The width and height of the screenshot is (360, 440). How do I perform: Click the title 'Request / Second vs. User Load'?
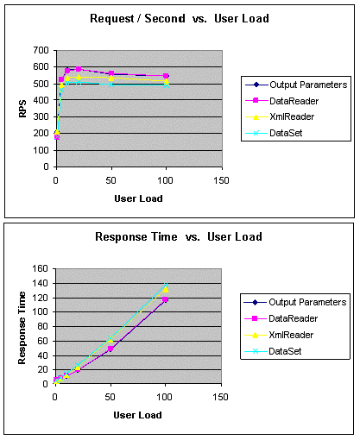180,19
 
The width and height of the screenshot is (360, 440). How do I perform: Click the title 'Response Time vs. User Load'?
179,237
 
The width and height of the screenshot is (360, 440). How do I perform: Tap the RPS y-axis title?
22,109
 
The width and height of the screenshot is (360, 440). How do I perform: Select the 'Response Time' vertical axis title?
22,328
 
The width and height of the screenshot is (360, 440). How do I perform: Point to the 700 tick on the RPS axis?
41,51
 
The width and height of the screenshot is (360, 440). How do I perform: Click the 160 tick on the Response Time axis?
41,268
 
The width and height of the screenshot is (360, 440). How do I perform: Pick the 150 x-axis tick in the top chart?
221,181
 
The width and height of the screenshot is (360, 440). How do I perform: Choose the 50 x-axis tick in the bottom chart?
110,397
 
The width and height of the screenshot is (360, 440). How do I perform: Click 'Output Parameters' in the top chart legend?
308,85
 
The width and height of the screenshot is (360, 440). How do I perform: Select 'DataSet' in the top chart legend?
286,133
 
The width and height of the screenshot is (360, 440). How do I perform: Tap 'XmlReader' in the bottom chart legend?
291,335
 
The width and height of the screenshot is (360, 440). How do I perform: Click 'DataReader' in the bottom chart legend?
294,318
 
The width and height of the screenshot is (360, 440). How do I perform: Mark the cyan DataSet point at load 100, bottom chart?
166,285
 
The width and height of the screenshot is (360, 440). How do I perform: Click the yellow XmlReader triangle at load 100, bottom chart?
166,289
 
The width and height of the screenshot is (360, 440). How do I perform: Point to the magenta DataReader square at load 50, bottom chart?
111,349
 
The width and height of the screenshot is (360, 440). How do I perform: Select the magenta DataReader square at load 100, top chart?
166,76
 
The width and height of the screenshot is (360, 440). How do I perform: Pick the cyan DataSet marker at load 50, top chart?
111,85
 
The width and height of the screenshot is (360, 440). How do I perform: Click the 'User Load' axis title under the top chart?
138,198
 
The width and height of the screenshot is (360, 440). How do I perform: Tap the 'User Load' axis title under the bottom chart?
137,415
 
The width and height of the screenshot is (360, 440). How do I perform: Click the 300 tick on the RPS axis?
41,117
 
